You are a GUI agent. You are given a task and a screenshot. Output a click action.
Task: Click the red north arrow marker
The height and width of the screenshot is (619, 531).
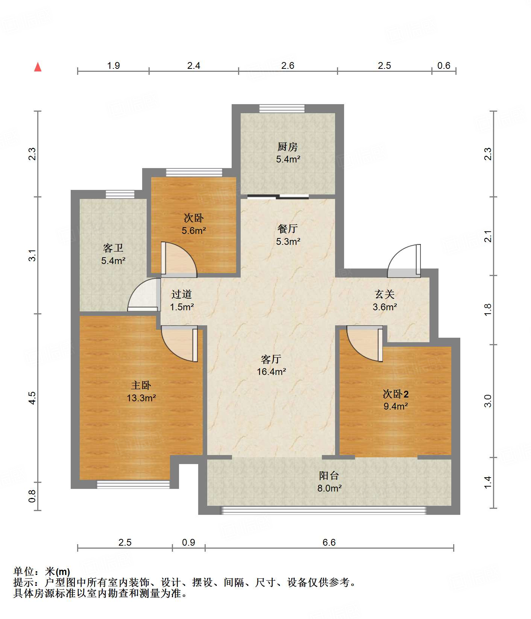pos(38,67)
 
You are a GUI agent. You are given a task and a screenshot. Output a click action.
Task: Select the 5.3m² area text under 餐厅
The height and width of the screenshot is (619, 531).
pos(288,241)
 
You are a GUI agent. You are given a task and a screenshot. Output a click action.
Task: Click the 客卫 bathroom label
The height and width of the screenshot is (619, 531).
pos(113,248)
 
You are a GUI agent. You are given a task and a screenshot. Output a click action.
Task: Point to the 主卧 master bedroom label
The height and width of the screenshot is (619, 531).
pos(141,385)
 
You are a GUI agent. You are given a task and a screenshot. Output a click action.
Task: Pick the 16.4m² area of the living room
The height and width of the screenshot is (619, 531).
pos(271,372)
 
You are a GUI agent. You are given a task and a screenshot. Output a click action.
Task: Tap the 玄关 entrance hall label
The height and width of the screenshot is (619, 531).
pos(385,294)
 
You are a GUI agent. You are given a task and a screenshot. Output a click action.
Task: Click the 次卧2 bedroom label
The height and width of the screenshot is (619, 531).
pos(396,394)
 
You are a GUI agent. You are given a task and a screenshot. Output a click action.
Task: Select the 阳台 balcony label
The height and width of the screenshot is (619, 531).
pos(329,475)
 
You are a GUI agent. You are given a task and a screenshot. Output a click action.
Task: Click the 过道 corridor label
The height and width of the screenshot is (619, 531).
pos(182,294)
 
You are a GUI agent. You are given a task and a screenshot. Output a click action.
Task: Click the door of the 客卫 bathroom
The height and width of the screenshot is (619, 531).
pos(143,294)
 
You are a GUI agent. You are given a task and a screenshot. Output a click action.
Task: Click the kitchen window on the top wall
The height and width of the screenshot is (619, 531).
pos(282,108)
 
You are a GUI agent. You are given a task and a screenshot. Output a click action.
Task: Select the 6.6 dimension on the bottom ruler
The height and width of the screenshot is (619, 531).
pos(329,542)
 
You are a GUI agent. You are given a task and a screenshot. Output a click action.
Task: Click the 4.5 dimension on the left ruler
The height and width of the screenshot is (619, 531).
pos(32,398)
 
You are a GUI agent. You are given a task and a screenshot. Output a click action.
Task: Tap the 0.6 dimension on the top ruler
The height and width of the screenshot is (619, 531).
pos(444,65)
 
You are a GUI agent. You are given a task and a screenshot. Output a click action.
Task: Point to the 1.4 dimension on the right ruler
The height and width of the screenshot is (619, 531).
pos(487,482)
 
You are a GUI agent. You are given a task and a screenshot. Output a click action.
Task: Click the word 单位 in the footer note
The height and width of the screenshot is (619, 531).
pos(24,571)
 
